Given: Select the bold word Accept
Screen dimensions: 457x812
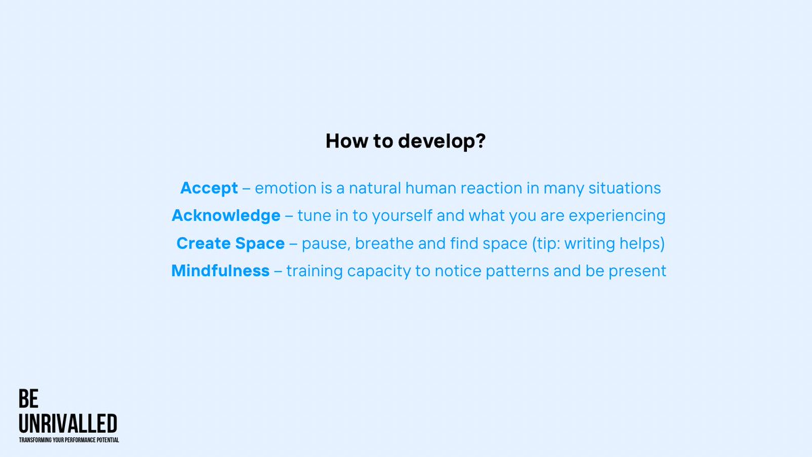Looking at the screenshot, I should coord(209,188).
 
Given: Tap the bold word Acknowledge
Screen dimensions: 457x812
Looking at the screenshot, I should coord(226,216).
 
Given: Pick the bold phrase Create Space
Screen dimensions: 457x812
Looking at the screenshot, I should coord(230,243).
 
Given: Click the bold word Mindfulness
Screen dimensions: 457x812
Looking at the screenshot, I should coord(221,271).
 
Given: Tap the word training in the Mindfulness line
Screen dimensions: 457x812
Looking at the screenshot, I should coord(314,271).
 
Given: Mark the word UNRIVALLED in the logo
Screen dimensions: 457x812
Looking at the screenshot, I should coord(68,424).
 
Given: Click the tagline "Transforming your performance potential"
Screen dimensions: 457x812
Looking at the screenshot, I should coord(69,440).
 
